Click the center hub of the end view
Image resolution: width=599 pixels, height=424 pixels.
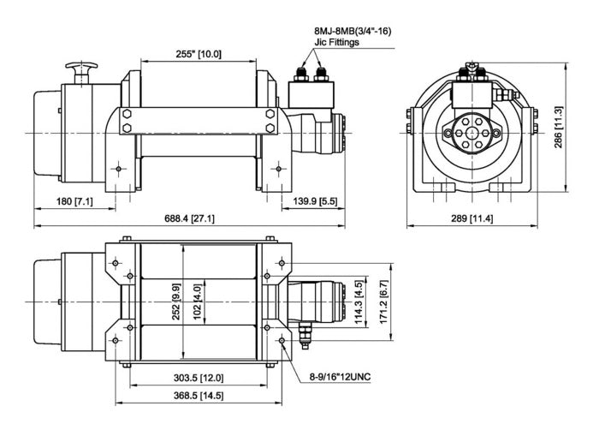point(471,133)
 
